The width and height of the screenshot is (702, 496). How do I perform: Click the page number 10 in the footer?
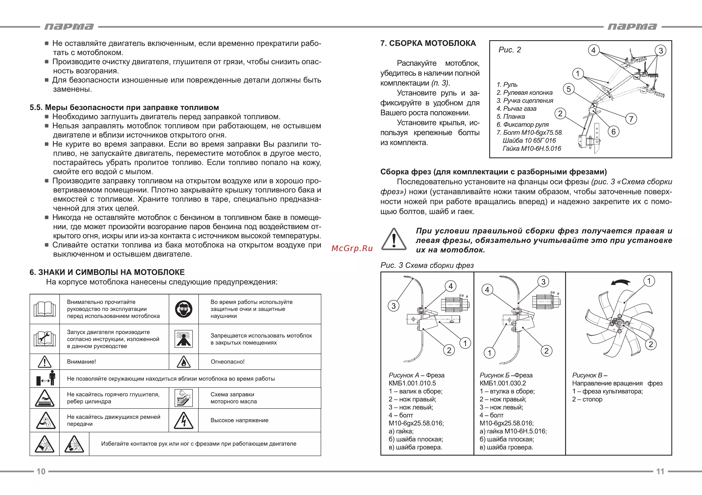coord(41,471)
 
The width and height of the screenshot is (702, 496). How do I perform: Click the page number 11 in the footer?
coord(660,471)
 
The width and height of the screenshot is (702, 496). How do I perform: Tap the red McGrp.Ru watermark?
coord(352,248)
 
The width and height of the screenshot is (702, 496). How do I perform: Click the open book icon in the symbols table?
coord(45,309)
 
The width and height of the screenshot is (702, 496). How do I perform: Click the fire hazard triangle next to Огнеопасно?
coord(184,362)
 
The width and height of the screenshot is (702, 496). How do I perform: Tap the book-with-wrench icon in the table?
coord(45,339)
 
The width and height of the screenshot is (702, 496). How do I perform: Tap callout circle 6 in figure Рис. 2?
coord(613,132)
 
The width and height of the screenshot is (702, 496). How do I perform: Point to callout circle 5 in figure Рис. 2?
coord(569,89)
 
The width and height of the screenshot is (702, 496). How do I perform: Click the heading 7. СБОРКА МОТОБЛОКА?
coord(428,43)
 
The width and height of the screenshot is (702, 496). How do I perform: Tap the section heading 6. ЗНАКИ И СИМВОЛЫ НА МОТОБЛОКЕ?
coord(107,272)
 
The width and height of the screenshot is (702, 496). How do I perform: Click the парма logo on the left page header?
coord(69,27)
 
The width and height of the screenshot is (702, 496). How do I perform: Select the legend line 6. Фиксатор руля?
coord(523,125)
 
